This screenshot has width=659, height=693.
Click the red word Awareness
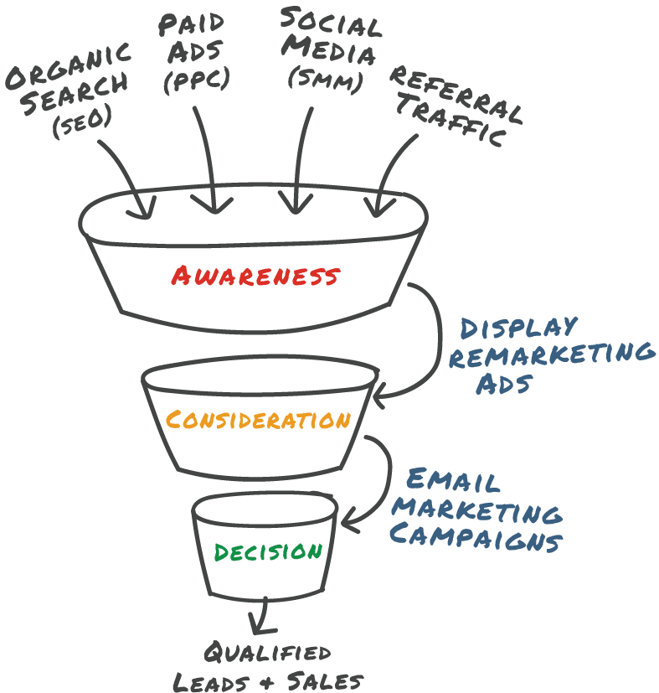click(x=255, y=276)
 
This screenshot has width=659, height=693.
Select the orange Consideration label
click(x=259, y=420)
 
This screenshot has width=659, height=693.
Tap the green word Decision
click(x=268, y=552)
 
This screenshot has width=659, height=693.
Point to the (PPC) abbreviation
click(x=197, y=80)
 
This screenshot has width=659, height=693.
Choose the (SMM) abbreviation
click(x=326, y=80)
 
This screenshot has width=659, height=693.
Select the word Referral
click(x=456, y=94)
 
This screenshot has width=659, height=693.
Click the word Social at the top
click(x=331, y=22)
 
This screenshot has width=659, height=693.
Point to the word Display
click(x=519, y=328)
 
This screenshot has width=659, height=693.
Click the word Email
click(x=453, y=480)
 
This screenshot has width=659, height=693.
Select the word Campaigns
click(x=476, y=536)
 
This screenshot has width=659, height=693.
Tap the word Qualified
click(x=268, y=652)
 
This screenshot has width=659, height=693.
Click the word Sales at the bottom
click(x=325, y=681)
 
